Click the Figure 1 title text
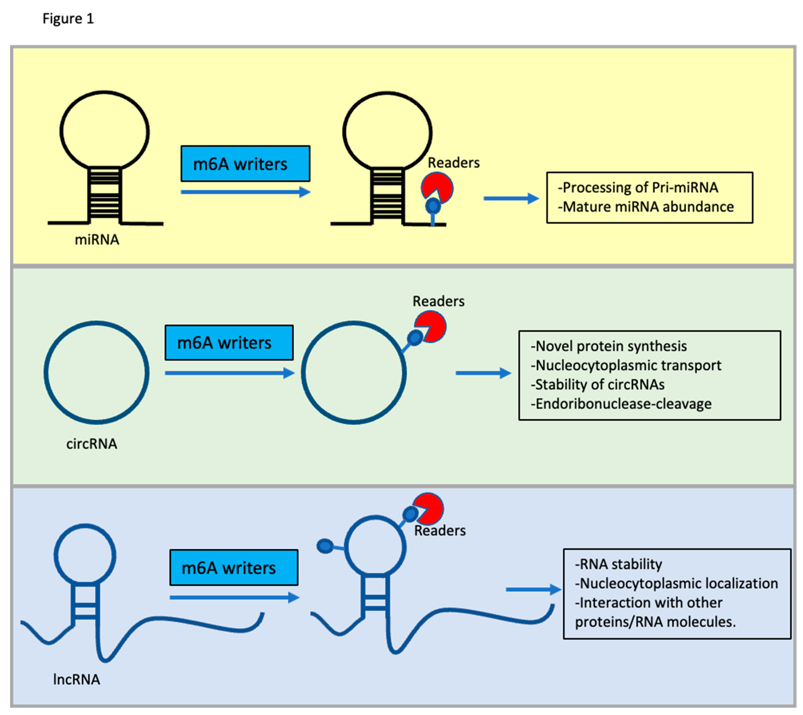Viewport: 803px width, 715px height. click(68, 18)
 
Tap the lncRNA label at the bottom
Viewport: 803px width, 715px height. click(77, 679)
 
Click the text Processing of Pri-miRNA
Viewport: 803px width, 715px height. click(638, 187)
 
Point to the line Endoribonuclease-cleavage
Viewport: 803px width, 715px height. click(621, 403)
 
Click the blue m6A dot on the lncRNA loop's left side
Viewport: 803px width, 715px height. click(325, 546)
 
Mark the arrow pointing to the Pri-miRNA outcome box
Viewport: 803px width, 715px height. click(511, 198)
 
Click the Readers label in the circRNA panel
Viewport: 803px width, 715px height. click(438, 301)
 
